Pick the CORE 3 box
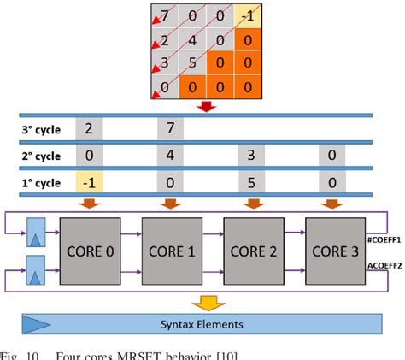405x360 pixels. [x=333, y=251]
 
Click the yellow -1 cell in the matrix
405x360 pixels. [x=246, y=15]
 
